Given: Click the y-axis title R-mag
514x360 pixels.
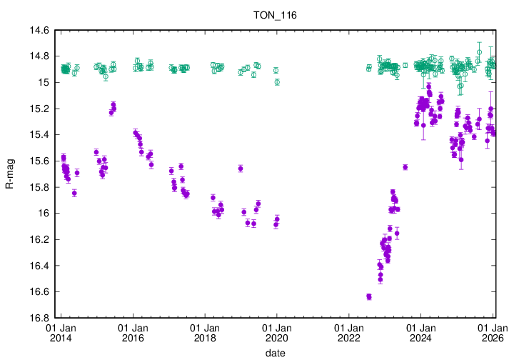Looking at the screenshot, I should pos(10,174).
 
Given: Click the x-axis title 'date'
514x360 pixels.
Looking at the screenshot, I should pos(275,353).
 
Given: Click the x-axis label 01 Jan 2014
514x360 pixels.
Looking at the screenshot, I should pos(60,333).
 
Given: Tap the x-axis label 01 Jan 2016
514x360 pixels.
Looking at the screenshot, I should pos(132,333).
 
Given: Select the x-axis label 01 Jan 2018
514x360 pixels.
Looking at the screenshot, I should pos(204,333).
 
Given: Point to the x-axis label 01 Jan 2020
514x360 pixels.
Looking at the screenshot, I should pos(276,333).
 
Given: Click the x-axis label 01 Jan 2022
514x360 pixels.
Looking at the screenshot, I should pos(348,333).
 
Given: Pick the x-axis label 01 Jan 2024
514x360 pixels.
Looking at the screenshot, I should pos(420,333).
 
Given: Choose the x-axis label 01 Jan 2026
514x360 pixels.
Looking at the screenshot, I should pos(493,333).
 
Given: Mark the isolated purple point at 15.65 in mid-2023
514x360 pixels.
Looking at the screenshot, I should pos(405,167).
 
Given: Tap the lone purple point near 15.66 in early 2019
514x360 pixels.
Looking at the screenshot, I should pos(241,169).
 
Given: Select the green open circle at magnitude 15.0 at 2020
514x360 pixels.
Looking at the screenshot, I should pos(277,82).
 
